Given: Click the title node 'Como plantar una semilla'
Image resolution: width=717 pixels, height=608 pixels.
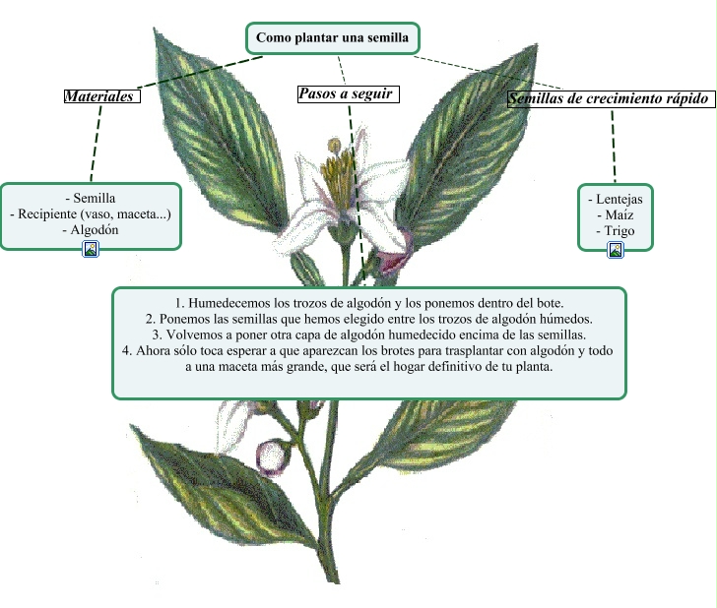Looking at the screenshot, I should point(332,38).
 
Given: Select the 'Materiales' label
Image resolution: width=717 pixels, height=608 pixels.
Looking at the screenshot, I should point(98,96).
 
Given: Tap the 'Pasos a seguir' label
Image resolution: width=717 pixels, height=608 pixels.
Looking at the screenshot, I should point(346,94).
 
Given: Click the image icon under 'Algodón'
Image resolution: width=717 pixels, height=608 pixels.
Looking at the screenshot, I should point(91,249).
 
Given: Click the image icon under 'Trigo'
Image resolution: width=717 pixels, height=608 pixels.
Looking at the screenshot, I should point(616,250).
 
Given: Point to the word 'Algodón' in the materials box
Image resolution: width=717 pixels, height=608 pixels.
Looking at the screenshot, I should point(95,228).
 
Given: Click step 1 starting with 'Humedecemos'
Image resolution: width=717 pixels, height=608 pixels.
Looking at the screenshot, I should point(368,303).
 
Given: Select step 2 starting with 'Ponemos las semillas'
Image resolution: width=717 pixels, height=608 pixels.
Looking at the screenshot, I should point(368,319).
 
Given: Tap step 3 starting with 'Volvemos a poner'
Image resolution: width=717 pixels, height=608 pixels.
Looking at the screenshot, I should point(368,334).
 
